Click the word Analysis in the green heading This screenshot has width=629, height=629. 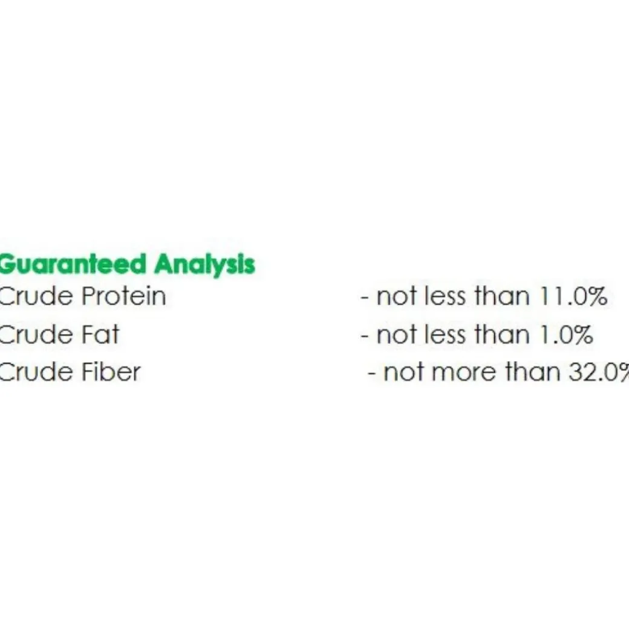pos(204,265)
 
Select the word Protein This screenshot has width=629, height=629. pos(123,296)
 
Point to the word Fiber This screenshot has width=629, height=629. pos(111,372)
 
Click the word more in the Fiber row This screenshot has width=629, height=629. pos(464,373)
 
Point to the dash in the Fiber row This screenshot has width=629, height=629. pos(371,374)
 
